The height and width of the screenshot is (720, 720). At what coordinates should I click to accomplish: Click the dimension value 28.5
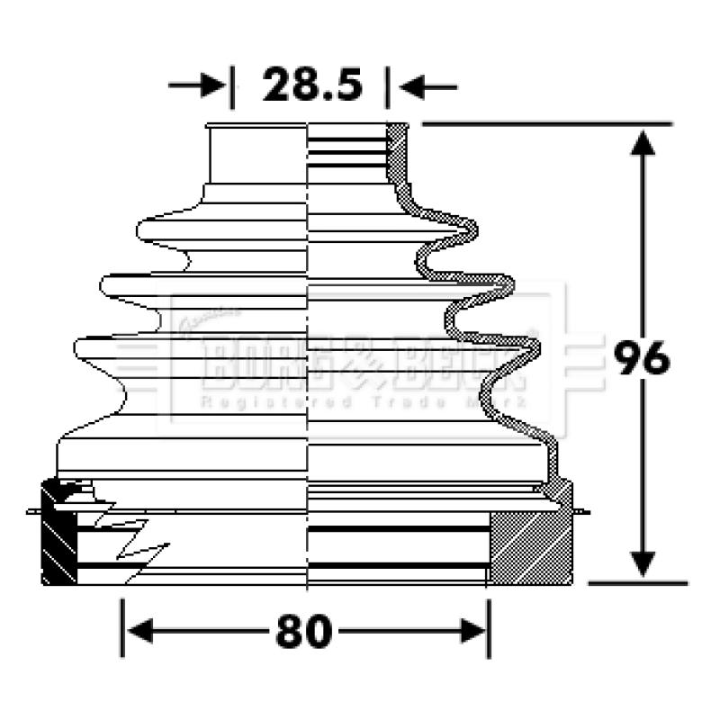(x=311, y=86)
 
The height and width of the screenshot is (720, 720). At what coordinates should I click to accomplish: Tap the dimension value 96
(x=643, y=358)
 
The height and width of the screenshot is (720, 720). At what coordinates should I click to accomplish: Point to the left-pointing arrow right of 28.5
(x=428, y=86)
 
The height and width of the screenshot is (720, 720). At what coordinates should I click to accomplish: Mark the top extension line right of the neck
(x=549, y=123)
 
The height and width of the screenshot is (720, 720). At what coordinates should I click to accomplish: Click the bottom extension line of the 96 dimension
(x=630, y=583)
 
